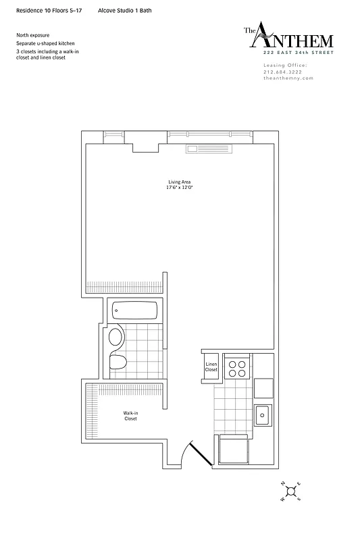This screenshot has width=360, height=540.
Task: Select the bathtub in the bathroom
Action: [x=135, y=311]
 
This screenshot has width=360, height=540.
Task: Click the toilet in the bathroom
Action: [x=118, y=360]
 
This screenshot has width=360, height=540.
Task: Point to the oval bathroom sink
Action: [x=116, y=337]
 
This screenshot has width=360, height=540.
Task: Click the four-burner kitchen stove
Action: [x=237, y=368]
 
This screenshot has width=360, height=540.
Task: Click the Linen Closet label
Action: [x=211, y=367]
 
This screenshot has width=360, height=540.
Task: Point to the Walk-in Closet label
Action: [x=130, y=416]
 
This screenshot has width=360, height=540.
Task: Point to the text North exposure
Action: [x=32, y=35]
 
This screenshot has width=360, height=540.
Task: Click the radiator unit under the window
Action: [x=209, y=148]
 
